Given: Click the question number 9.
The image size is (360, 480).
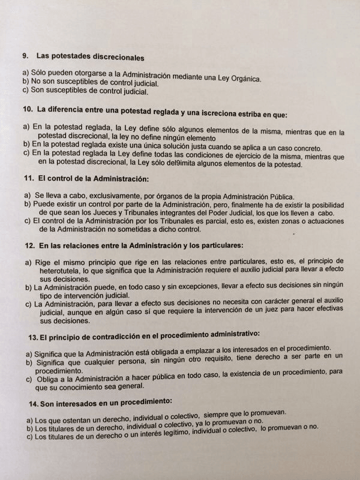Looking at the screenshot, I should (x=25, y=58).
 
